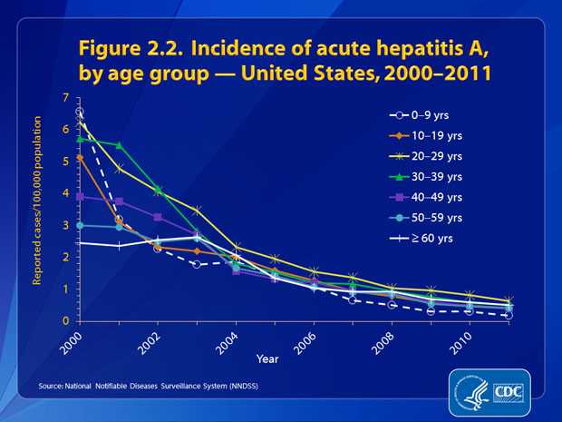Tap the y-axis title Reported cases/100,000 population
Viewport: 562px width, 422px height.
pos(39,209)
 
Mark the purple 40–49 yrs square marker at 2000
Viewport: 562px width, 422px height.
pos(81,196)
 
